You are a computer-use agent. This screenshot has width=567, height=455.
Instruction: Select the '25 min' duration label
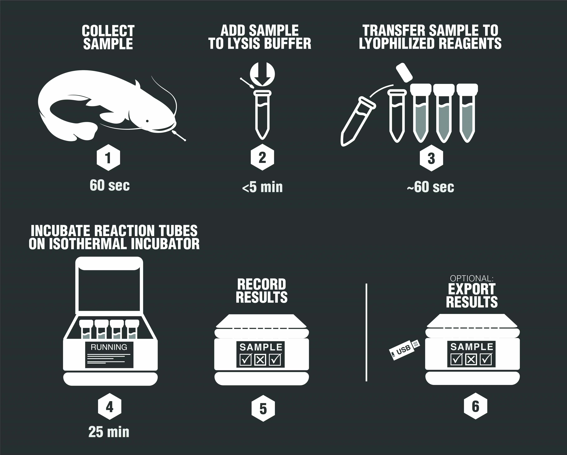109,432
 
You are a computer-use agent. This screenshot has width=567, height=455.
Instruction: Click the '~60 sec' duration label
430,187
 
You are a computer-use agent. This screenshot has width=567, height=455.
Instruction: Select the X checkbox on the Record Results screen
260,360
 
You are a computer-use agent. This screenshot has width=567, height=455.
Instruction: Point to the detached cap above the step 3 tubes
404,71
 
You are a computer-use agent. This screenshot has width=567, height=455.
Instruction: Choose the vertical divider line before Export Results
366,332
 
